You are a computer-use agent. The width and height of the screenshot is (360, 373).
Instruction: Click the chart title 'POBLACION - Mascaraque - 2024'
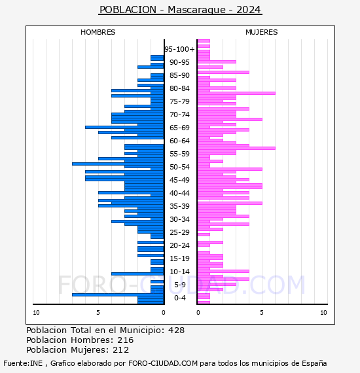pos(180,10)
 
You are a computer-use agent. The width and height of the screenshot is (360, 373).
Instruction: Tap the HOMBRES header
pos(98,32)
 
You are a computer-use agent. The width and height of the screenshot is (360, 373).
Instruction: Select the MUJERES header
pos(262,32)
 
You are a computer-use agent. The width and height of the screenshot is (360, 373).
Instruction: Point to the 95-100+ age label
pos(179,49)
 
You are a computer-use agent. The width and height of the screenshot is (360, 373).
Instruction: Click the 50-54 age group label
pos(179,167)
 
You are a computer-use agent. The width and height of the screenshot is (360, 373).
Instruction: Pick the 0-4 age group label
pos(180,298)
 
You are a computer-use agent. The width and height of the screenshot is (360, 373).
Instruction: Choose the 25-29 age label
pos(179,232)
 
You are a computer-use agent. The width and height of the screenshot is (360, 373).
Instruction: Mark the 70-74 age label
pos(179,115)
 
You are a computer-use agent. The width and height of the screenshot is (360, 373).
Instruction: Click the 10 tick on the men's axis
pos(36,313)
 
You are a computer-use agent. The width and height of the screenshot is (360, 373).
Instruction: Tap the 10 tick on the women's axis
pos(323,313)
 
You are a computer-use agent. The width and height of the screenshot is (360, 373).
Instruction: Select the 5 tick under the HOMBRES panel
pos(98,313)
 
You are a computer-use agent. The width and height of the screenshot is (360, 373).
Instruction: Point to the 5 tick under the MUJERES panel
pos(262,313)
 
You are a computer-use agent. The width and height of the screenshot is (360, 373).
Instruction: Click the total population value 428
pos(176,330)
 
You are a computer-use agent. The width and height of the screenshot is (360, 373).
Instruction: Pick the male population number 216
pos(126,340)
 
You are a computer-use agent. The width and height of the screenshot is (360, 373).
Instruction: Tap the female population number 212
pos(120,349)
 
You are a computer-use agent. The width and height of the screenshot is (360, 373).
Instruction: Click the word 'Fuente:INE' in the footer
pos(23,363)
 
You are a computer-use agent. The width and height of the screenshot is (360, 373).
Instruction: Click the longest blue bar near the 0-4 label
pos(118,294)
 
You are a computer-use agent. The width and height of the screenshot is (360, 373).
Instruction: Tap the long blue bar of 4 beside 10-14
pos(137,274)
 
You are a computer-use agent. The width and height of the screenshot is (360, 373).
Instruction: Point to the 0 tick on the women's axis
pos(198,313)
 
